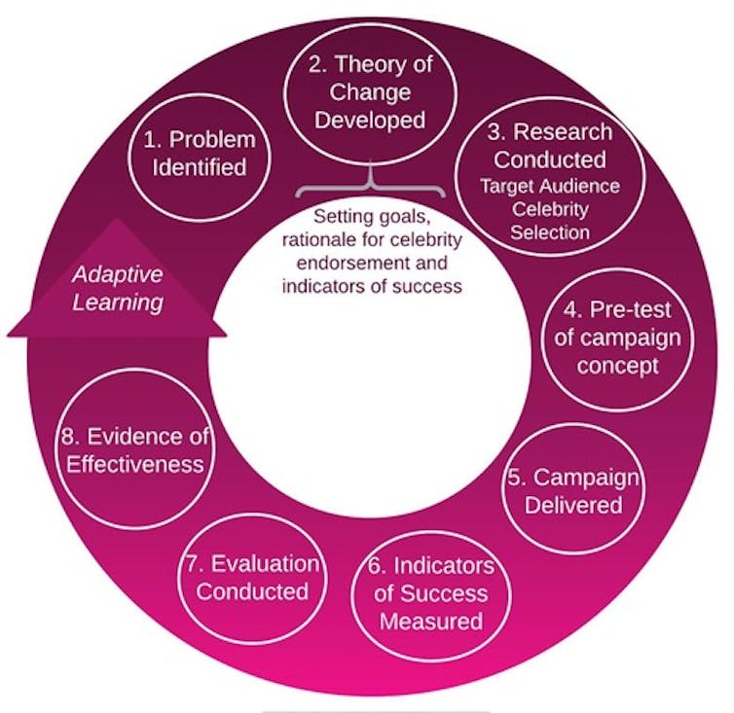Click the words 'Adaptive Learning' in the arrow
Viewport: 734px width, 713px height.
(x=118, y=288)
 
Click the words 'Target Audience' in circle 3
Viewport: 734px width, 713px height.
(x=550, y=186)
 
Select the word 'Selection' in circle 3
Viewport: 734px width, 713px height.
(x=550, y=232)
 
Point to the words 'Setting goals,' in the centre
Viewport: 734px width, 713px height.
(x=371, y=217)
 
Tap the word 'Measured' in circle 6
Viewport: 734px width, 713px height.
(x=431, y=622)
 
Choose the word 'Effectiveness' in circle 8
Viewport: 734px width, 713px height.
(x=134, y=465)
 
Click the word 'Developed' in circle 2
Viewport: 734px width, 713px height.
(x=370, y=121)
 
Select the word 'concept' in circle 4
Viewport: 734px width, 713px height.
(x=617, y=366)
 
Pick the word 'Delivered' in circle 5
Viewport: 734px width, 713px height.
(x=573, y=505)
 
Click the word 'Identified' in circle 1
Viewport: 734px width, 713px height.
(x=200, y=167)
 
